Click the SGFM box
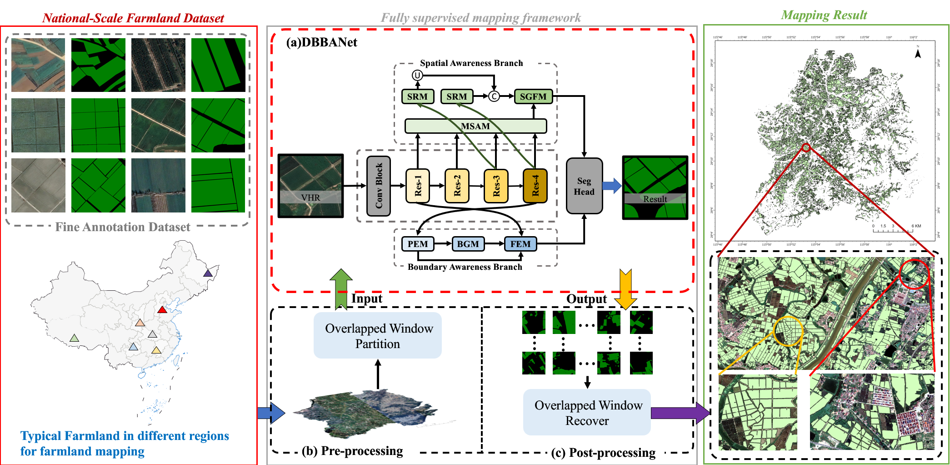(x=533, y=96)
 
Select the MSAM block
(x=475, y=126)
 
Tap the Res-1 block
(x=418, y=186)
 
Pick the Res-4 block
(x=535, y=186)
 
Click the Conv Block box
(x=379, y=186)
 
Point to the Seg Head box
(x=584, y=186)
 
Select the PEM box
(x=418, y=244)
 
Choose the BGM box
(x=468, y=244)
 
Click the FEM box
(x=520, y=244)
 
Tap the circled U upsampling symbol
(x=417, y=76)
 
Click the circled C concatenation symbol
(x=494, y=96)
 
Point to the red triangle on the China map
(x=162, y=310)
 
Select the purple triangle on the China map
(x=208, y=273)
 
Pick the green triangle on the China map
(x=74, y=338)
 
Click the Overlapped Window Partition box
(x=378, y=336)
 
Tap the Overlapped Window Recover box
(x=587, y=413)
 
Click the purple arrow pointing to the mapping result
(x=680, y=413)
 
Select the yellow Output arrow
(x=625, y=288)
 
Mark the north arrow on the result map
(x=918, y=53)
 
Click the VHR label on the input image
(x=310, y=197)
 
